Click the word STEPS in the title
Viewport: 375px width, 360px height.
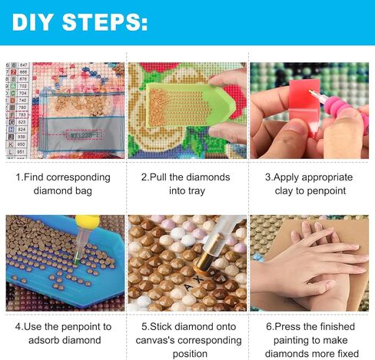pos(105,21)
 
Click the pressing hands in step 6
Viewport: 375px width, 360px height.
pos(311,265)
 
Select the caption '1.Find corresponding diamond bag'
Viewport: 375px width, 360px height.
pos(63,183)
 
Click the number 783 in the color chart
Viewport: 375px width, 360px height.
pos(22,114)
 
